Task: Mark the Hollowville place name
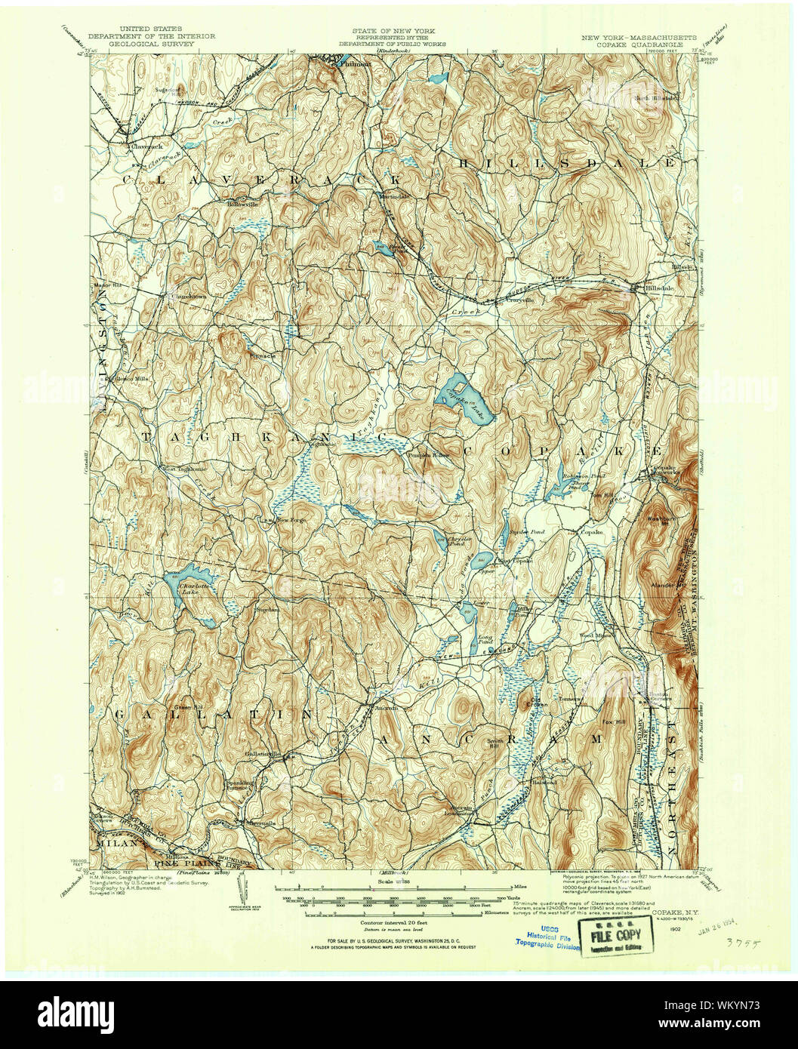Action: [x=239, y=203]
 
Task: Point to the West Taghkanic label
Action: [x=181, y=469]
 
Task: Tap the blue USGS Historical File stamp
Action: [x=547, y=936]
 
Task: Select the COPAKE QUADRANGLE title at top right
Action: [x=635, y=44]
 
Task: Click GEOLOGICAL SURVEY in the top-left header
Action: [x=153, y=44]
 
